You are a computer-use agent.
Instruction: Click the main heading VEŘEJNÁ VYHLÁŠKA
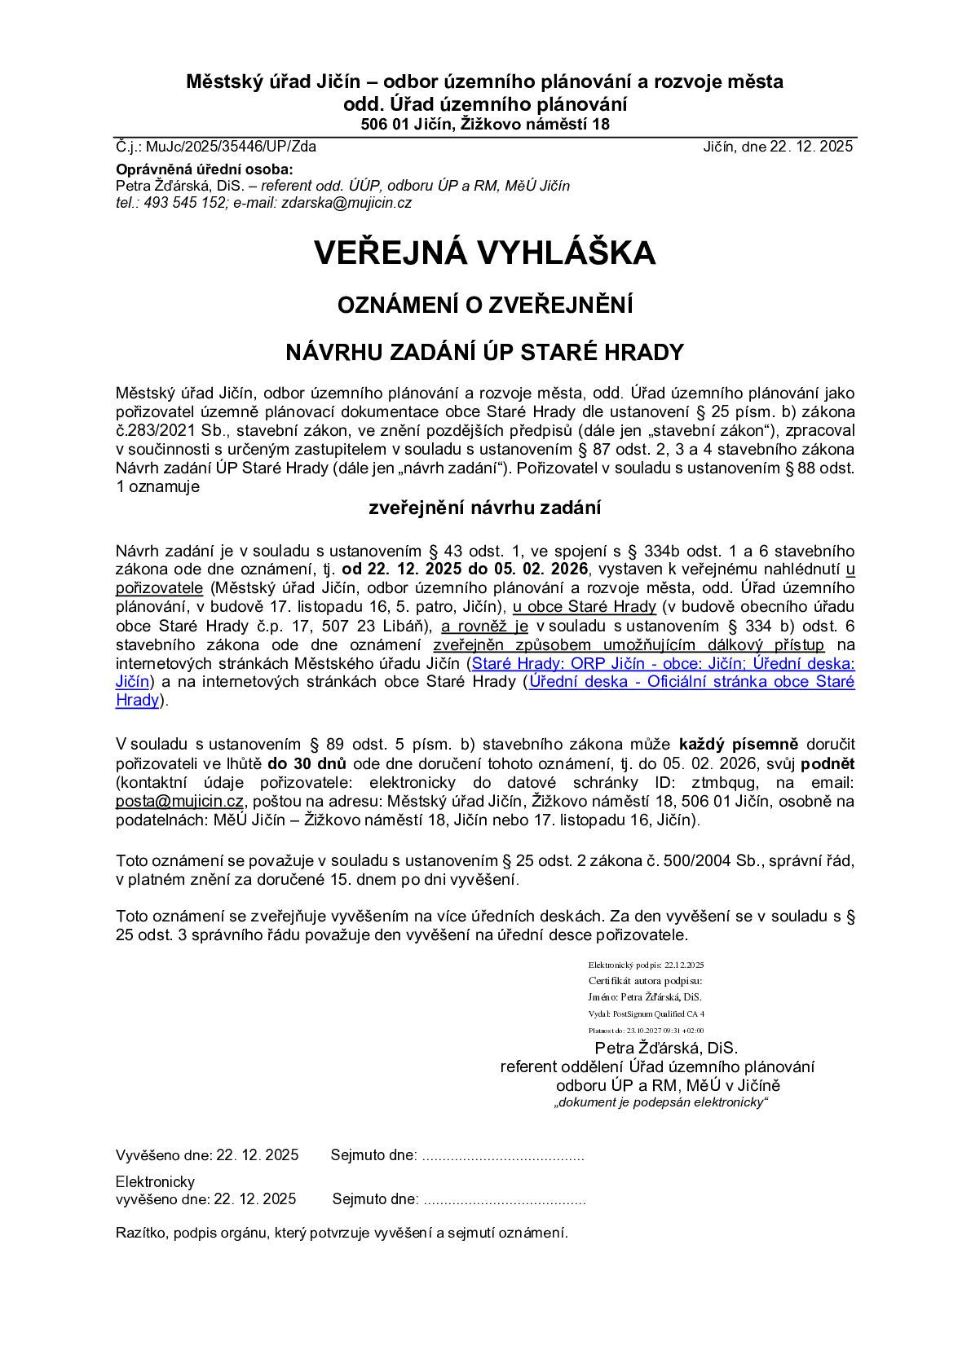tap(485, 253)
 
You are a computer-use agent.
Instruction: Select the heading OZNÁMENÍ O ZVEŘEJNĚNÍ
tap(485, 306)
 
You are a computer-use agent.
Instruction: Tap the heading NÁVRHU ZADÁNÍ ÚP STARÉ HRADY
tap(485, 352)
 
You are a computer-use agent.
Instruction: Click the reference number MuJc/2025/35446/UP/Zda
tap(231, 147)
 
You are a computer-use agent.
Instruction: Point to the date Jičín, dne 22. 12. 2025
tap(778, 147)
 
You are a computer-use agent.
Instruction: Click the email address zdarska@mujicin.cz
tap(346, 203)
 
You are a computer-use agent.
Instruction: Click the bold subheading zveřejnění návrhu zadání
tap(485, 508)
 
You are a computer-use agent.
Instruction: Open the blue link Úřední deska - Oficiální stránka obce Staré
tap(691, 681)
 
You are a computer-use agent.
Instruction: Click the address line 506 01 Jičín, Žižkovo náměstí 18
tap(485, 125)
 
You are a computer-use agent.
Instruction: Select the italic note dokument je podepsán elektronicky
tap(660, 1102)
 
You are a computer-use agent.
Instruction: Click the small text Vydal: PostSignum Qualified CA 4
tap(646, 1014)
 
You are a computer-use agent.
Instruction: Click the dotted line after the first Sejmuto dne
tap(502, 1156)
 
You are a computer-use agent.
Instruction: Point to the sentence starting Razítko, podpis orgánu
tap(342, 1233)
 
